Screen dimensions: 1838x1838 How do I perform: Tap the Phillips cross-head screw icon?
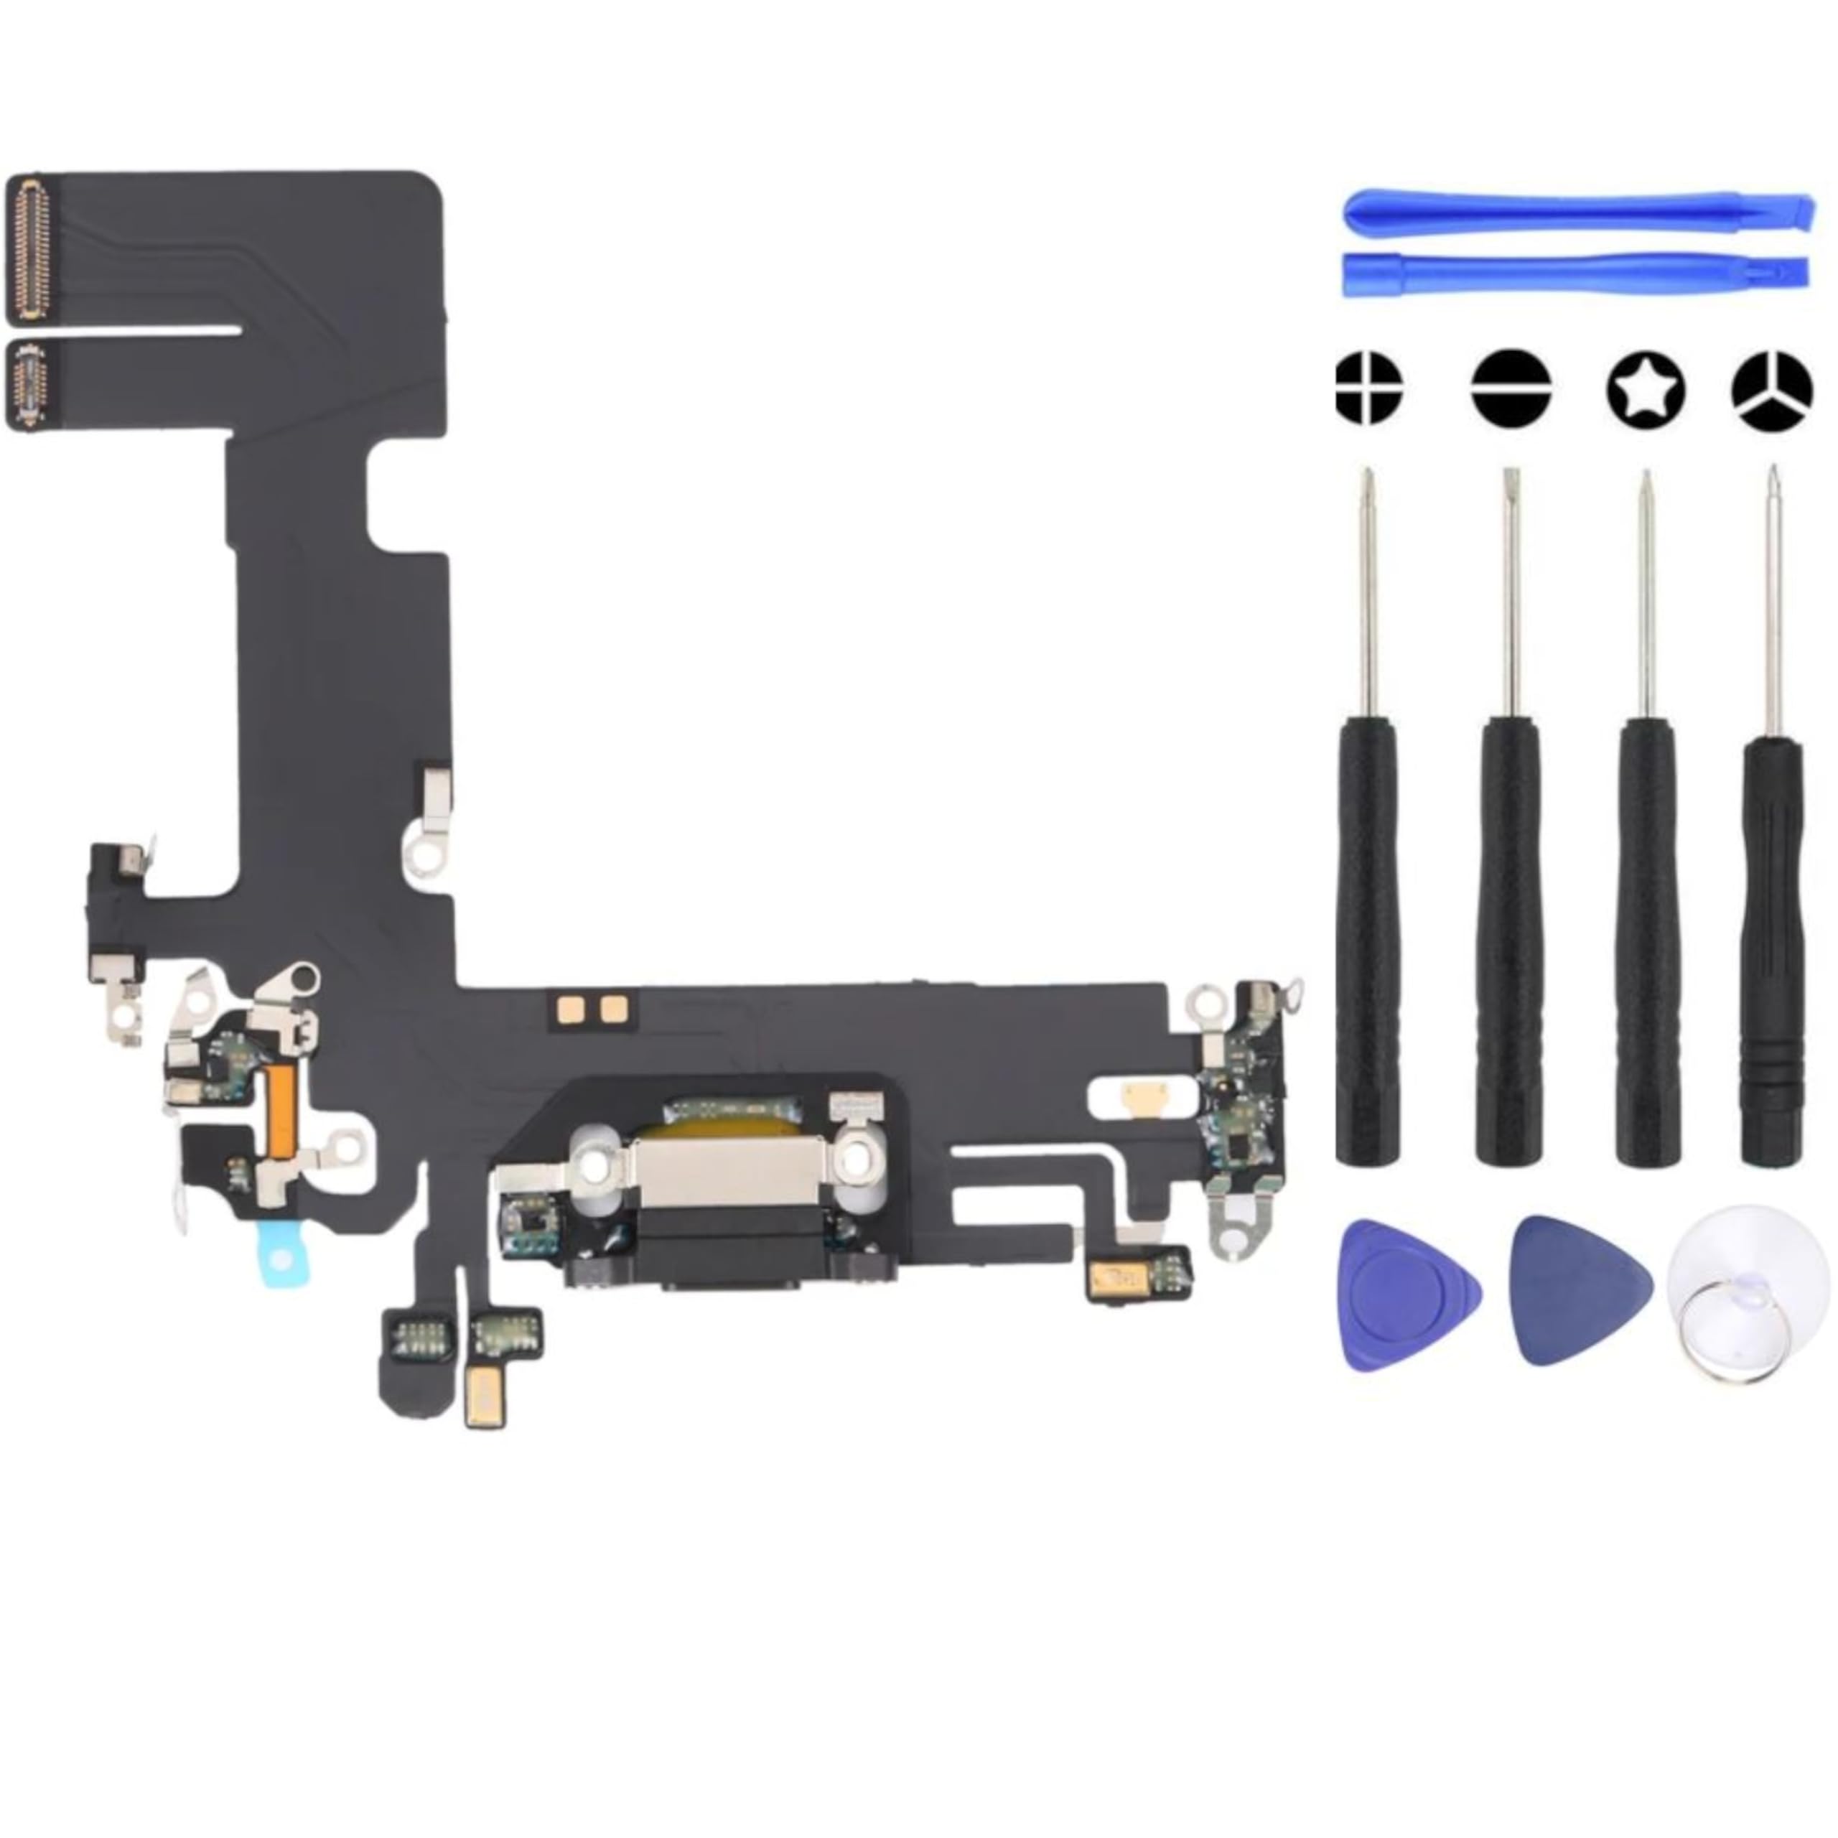pyautogui.click(x=1369, y=388)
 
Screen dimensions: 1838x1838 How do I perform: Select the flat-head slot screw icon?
pyautogui.click(x=1510, y=388)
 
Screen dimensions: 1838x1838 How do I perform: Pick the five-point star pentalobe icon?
pyautogui.click(x=1646, y=388)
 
